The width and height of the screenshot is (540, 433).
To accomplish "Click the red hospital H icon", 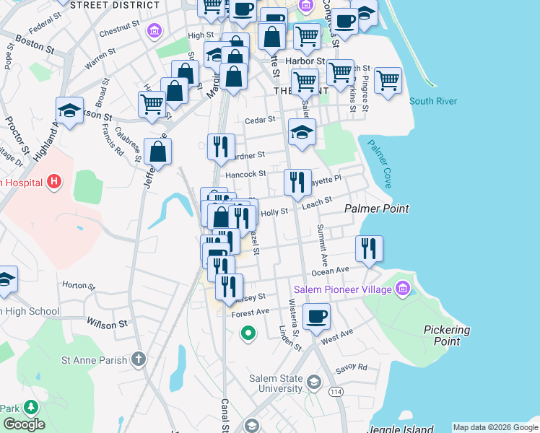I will tap(53, 182).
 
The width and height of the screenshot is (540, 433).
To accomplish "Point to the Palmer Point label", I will tap(376, 209).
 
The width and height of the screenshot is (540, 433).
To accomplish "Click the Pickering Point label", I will tap(447, 336).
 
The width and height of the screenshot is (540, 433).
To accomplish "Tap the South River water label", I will tap(433, 101).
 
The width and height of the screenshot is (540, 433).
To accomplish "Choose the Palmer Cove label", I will tap(379, 163).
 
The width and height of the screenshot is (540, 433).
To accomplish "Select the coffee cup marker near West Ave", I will tap(316, 316).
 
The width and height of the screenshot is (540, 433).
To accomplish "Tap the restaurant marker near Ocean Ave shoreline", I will tap(369, 249).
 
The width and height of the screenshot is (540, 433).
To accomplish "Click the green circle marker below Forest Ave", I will tap(248, 333).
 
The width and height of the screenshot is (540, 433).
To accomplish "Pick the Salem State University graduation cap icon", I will tap(313, 381).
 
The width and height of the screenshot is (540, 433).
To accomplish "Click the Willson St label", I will tap(106, 323).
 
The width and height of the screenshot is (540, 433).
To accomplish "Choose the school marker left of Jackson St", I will tap(69, 111).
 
